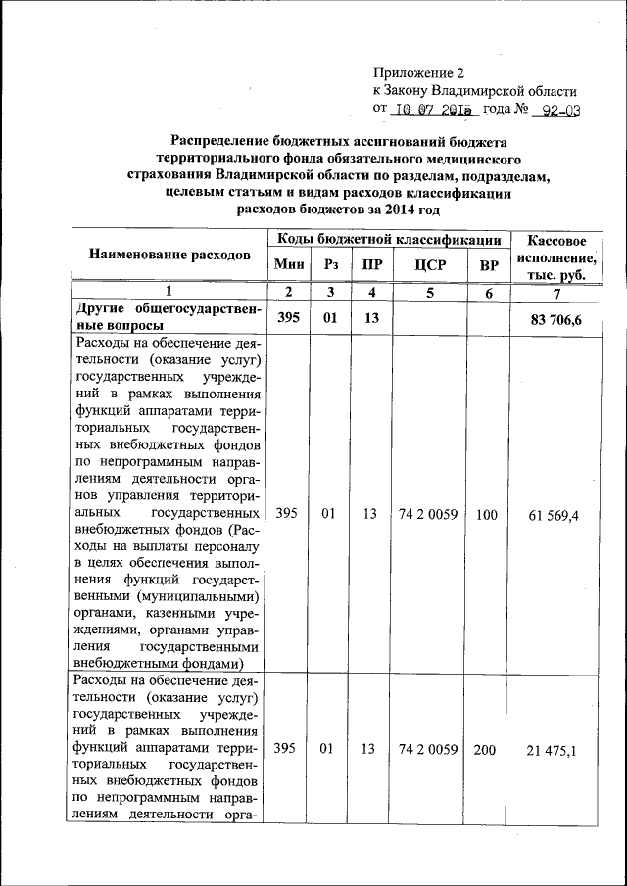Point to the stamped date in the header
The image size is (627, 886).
[x=432, y=110]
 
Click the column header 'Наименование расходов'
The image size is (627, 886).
[x=170, y=255]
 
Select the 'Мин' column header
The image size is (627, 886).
[x=288, y=265]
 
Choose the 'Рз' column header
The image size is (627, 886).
[x=331, y=265]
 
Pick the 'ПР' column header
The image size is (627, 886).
[x=370, y=265]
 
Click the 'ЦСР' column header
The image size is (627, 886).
[x=428, y=265]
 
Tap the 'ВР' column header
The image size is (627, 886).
[x=486, y=265]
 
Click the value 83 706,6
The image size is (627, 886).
[x=555, y=317]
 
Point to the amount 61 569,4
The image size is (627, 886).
[x=554, y=513]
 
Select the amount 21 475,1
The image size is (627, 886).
[x=554, y=749]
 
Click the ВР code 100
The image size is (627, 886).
[x=486, y=513]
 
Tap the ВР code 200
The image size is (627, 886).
[x=485, y=749]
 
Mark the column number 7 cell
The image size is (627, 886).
[x=555, y=292]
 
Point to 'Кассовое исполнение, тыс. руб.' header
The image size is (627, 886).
[x=555, y=257]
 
